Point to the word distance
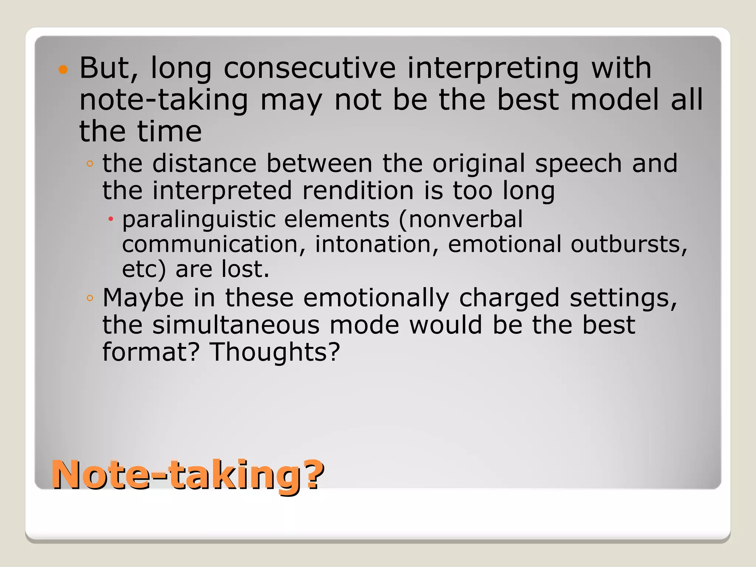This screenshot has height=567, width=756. click(x=204, y=163)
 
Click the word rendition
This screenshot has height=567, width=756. click(x=358, y=190)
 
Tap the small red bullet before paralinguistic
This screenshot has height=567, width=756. click(x=110, y=220)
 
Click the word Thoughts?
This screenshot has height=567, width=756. click(x=275, y=352)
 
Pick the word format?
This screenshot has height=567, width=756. click(x=151, y=352)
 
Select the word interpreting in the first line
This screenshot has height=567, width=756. click(x=493, y=69)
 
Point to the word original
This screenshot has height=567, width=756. click(x=478, y=163)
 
